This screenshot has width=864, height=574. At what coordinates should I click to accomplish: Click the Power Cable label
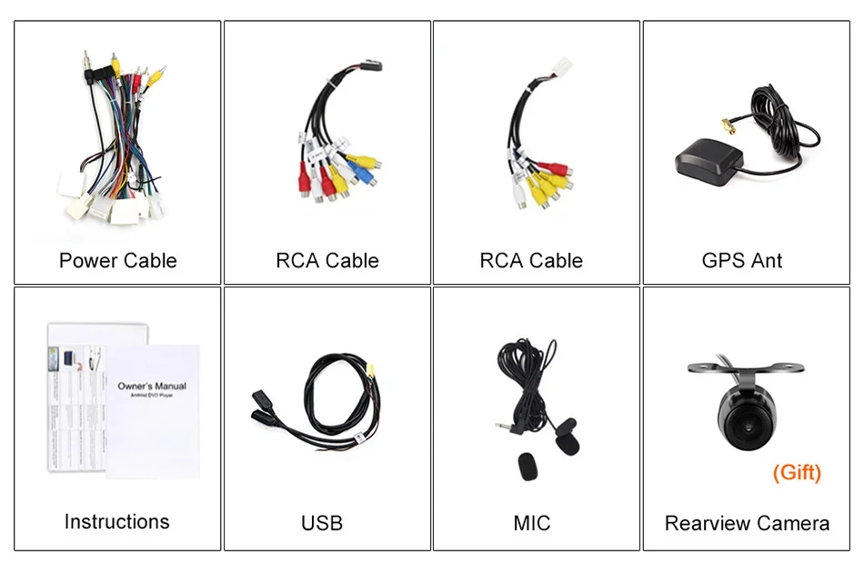coord(117,261)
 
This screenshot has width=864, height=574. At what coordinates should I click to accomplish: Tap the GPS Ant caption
coord(742,261)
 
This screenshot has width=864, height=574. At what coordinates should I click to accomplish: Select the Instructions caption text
coord(116,522)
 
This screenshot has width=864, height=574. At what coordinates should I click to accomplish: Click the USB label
coord(322,523)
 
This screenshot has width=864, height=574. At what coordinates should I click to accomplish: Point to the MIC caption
coord(531,523)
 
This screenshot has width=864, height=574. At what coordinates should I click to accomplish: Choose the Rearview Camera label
coord(747,523)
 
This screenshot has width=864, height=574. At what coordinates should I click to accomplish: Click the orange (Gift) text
coord(796,473)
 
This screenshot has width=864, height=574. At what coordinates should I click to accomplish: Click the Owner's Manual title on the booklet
coord(152,386)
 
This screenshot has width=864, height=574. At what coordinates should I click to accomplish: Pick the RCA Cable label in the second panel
coord(327,261)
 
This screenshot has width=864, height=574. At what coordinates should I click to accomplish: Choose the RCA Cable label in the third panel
coord(531,261)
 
